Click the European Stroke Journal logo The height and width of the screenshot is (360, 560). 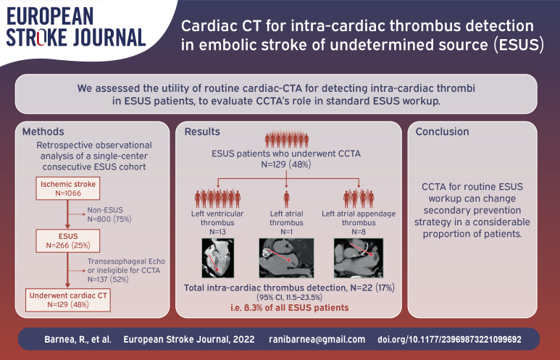point(76,27)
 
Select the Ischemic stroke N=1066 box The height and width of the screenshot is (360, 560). point(68,188)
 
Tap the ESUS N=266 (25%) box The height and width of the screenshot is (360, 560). point(68,240)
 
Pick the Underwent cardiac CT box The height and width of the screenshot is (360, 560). point(68,300)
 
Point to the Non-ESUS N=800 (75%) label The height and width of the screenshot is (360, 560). point(109,214)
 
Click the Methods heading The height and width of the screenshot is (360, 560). point(43,131)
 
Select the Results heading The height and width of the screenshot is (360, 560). point(202,131)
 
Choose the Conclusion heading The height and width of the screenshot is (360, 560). point(442,131)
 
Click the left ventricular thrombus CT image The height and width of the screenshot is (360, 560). point(218,258)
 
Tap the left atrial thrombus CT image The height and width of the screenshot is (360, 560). point(286,258)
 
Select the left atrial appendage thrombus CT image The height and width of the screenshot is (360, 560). point(359,258)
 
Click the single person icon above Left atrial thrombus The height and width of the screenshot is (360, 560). point(286,199)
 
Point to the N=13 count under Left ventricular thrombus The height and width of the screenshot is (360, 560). point(217,232)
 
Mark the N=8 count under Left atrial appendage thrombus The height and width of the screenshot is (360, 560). point(359,232)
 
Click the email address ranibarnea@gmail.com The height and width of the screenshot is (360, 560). point(317,339)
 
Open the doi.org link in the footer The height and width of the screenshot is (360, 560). point(449,339)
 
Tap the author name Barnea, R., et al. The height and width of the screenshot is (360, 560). point(78,339)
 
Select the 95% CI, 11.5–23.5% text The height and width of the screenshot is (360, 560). point(289,297)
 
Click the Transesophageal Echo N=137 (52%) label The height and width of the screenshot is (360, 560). point(126,270)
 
